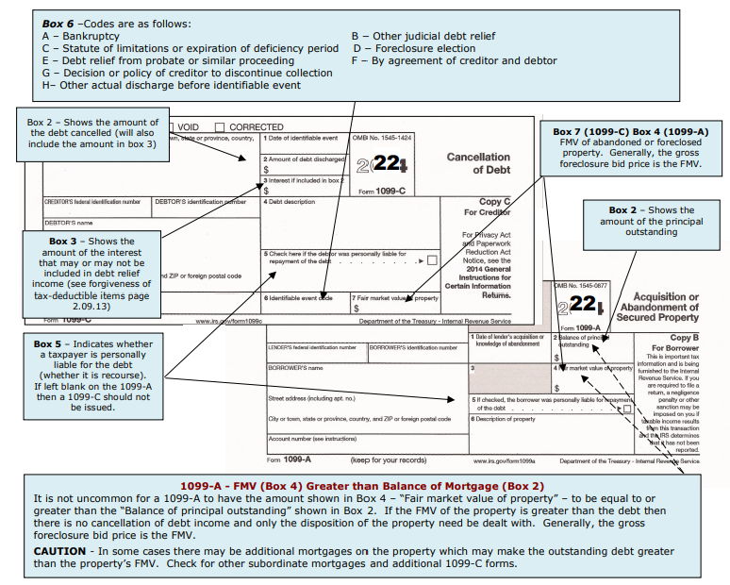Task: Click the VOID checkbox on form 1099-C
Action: click(x=174, y=127)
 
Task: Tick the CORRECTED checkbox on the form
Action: click(x=220, y=127)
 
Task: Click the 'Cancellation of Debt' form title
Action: click(x=478, y=163)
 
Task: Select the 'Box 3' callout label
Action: click(x=69, y=242)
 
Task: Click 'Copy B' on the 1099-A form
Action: click(x=681, y=337)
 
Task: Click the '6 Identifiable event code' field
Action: click(x=299, y=298)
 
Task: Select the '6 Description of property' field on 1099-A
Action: click(x=508, y=419)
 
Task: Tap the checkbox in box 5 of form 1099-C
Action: click(x=432, y=259)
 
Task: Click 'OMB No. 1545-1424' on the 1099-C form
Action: click(x=382, y=138)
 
